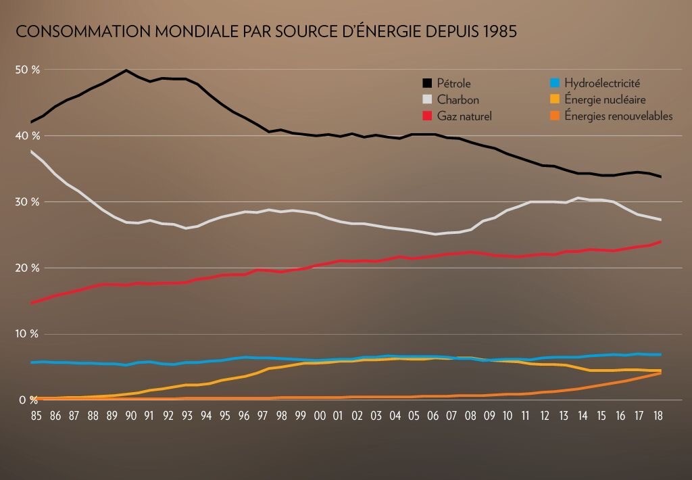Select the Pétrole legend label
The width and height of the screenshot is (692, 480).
click(x=454, y=84)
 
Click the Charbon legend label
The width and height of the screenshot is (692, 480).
click(x=458, y=100)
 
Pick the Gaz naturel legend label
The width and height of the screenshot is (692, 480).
click(x=464, y=116)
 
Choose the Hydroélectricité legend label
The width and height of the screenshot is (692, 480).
click(x=601, y=84)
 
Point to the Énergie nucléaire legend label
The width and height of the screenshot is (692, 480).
click(x=605, y=100)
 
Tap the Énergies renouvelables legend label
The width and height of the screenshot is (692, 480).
click(x=618, y=116)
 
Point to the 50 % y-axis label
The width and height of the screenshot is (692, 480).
click(x=28, y=70)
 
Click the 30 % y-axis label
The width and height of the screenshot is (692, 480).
click(x=28, y=202)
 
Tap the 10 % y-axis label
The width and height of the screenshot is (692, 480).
click(x=28, y=334)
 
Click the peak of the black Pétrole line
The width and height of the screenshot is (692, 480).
click(x=126, y=70)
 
